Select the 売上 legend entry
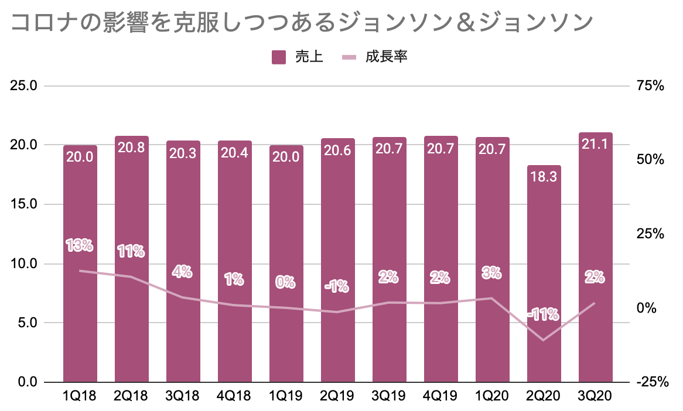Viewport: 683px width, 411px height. point(298,57)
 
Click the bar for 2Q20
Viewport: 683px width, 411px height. point(544,275)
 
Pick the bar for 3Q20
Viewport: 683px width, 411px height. point(596,258)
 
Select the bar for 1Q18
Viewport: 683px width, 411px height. point(80,263)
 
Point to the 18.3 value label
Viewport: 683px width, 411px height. point(544,177)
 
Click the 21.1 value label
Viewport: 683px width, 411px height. point(596,145)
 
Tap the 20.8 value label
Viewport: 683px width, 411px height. point(132,148)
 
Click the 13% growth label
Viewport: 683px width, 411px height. point(80,245)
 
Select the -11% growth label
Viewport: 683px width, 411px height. point(543,315)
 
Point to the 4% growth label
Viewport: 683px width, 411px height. point(183,272)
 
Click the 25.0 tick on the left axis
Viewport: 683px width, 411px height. point(25,86)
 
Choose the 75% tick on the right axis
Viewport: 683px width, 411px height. point(650,86)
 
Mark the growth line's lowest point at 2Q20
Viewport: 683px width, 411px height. point(544,340)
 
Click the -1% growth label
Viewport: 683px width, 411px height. point(337,287)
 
